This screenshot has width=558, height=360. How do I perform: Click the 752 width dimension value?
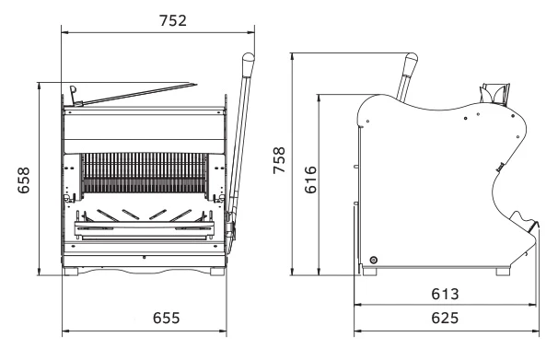[x=172, y=20]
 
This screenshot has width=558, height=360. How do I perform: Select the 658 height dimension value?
[x=24, y=180]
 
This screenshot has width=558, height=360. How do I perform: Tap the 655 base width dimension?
[x=166, y=318]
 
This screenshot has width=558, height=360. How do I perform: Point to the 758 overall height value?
[x=279, y=160]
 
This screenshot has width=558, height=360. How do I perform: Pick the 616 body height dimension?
[x=310, y=180]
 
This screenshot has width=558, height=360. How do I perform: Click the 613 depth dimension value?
[x=445, y=295]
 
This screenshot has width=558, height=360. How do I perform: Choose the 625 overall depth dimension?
[x=445, y=318]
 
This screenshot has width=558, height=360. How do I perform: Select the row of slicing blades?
[x=145, y=173]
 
